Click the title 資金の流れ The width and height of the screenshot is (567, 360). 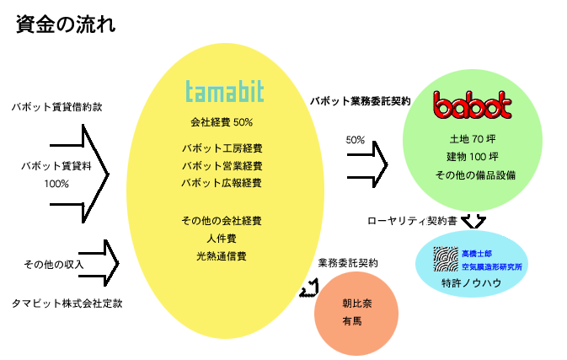coord(66,24)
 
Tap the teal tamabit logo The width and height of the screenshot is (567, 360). coord(225,91)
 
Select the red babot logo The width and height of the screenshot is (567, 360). coord(473,105)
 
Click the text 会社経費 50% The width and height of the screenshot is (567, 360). coord(222,122)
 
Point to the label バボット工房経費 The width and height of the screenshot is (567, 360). coord(222,148)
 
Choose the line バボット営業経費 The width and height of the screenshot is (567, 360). coord(222,166)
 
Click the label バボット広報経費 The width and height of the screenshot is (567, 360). coord(222,183)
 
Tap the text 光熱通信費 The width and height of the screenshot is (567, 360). coord(222,256)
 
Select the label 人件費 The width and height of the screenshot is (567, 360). coord(222,239)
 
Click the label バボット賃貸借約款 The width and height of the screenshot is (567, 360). coord(57,107)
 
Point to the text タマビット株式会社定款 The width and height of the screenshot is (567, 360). coord(67,304)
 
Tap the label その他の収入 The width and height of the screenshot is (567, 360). coord(54,265)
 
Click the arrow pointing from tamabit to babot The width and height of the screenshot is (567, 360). coord(367,164)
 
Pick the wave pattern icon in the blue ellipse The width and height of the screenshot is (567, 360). coord(446,259)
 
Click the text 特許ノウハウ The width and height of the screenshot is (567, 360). coord(472,283)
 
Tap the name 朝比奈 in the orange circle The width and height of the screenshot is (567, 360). coord(357,304)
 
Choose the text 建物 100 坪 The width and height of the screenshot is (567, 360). coord(473,157)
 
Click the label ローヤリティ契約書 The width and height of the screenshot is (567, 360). coord(412,221)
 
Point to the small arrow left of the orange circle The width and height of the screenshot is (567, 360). coord(309,288)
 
